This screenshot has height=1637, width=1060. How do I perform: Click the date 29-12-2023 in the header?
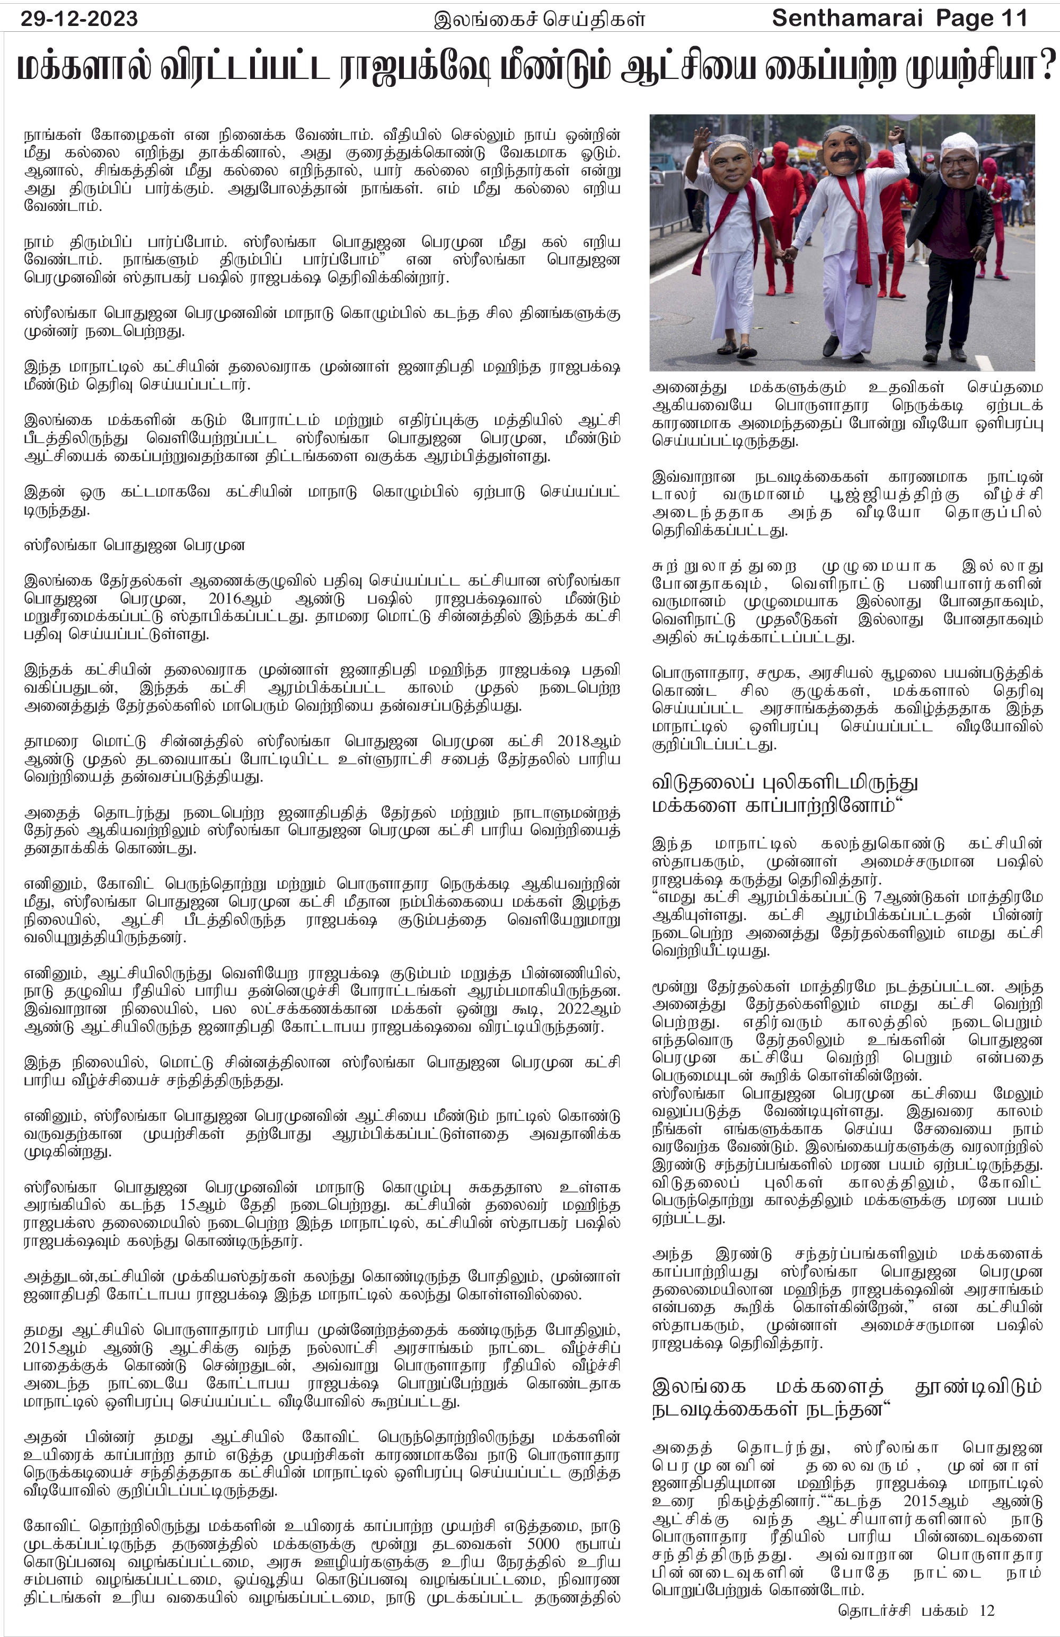tap(79, 19)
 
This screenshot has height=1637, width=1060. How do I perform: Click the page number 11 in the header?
tap(1014, 19)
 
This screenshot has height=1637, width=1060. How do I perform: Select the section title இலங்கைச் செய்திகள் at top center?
tap(540, 19)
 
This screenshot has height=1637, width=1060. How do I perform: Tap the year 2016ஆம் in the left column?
tap(240, 598)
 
